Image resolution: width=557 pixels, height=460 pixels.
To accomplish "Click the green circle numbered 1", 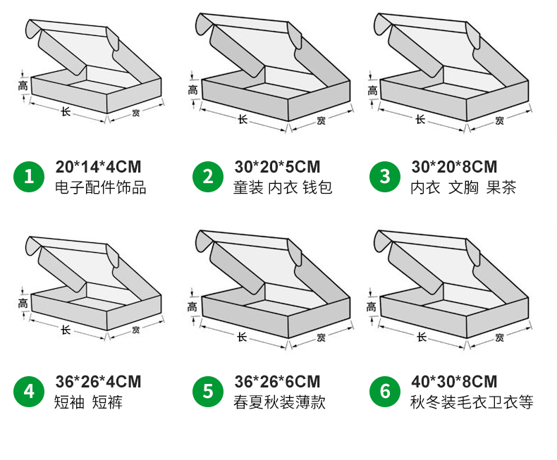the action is tap(29, 176).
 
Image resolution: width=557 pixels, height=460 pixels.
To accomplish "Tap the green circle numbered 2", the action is tap(207, 176).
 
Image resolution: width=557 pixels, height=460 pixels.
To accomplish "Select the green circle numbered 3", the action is tap(385, 176).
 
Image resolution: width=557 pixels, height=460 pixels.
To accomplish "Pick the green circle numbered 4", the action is tap(29, 391).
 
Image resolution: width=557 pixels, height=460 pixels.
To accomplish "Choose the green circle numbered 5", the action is tap(207, 391).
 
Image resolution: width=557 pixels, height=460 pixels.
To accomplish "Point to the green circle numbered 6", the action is tap(385, 391).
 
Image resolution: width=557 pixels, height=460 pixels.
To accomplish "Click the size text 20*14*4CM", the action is tap(98, 167).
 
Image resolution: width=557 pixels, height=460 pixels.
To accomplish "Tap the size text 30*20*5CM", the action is tap(277, 167).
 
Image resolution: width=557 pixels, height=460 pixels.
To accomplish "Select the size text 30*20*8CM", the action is tap(454, 167).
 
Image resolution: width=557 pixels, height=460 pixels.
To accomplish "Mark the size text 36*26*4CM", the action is tap(98, 382).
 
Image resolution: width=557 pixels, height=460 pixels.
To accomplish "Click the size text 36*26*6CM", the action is tap(277, 382).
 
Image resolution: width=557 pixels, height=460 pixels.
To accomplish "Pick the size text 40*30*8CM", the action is tap(454, 382).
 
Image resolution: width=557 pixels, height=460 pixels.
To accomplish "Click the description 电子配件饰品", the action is tap(101, 188).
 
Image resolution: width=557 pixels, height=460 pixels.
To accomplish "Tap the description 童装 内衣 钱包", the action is tap(283, 188).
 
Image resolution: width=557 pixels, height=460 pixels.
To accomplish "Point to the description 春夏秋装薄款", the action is tap(279, 403).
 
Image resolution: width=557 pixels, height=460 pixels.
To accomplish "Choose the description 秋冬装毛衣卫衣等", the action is tap(472, 403).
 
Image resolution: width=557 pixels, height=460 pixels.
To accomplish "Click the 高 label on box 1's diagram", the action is tap(23, 86).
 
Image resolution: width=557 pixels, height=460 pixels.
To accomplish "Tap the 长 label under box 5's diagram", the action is tap(243, 335).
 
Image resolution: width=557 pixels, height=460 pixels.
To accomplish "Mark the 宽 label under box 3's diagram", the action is tap(499, 120).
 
